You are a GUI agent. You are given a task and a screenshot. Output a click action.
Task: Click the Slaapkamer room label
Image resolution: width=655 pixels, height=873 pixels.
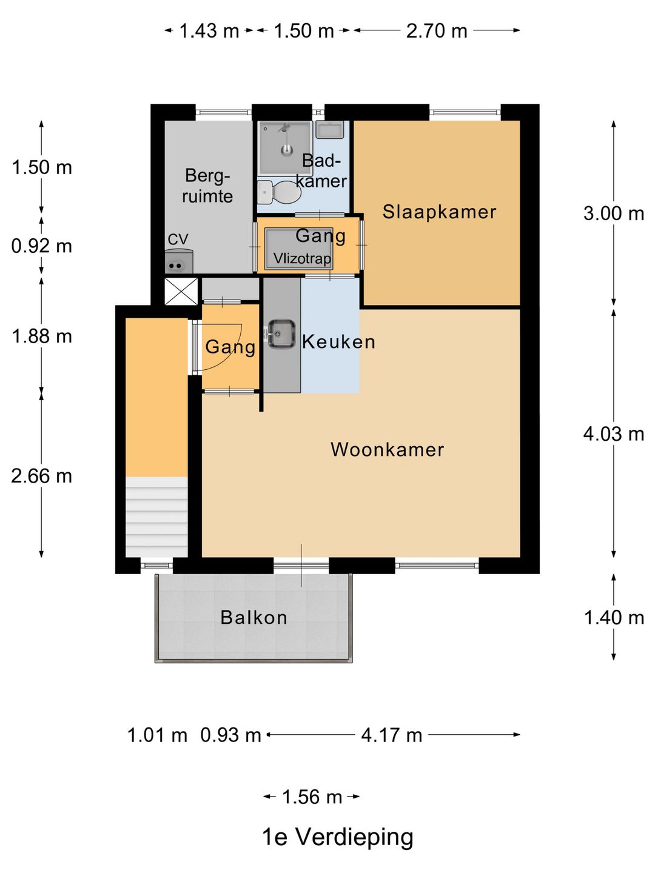click(x=439, y=212)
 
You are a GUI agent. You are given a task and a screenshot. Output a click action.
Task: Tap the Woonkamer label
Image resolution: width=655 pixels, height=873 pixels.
click(x=387, y=449)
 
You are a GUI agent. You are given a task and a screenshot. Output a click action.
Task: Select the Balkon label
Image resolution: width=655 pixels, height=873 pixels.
click(x=254, y=617)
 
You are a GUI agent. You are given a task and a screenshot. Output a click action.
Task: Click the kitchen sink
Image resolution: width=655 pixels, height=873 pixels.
click(x=281, y=333)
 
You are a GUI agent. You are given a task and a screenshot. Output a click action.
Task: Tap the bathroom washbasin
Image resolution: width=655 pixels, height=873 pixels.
click(x=330, y=130)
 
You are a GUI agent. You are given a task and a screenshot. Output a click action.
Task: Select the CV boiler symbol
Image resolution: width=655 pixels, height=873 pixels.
click(x=179, y=261)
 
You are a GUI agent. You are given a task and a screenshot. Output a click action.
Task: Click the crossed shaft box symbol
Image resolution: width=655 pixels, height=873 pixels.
click(x=181, y=292)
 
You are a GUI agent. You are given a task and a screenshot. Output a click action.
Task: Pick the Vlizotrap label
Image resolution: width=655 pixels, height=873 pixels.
click(x=302, y=258)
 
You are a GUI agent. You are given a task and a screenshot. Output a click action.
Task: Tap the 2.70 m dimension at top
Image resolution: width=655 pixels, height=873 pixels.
click(x=437, y=31)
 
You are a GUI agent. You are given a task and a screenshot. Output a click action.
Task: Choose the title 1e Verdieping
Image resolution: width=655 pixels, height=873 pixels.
click(x=338, y=837)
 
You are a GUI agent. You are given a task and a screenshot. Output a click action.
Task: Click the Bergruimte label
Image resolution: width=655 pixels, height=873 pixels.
click(x=207, y=186)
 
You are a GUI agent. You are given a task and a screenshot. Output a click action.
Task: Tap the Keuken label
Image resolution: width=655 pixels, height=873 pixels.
click(x=338, y=342)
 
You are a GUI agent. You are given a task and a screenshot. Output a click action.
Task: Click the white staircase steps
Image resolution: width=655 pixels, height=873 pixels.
click(x=156, y=517)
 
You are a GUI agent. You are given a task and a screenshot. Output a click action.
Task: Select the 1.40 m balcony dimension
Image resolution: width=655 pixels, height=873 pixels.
click(x=614, y=617)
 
